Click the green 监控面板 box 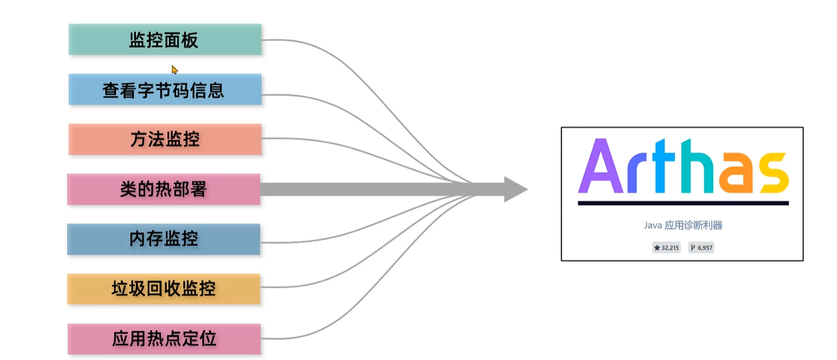(165, 40)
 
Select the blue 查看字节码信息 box (165, 89)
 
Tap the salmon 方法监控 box (165, 139)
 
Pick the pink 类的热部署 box (163, 189)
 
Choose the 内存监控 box (163, 239)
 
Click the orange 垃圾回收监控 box (163, 289)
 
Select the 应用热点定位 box (164, 339)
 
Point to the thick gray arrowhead (514, 189)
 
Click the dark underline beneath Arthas (683, 203)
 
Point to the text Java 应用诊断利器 (682, 225)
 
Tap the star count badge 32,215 (666, 248)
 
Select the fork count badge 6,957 (701, 248)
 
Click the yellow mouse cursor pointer (174, 70)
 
